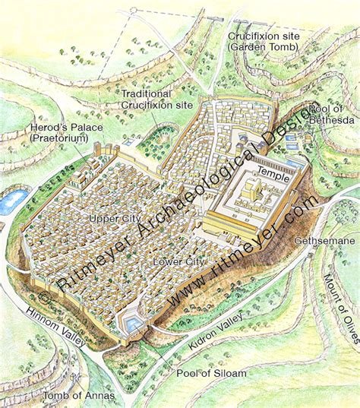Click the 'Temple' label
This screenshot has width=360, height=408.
273,172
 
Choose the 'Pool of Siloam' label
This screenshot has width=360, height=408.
204,375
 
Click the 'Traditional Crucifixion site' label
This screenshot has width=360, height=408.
156,99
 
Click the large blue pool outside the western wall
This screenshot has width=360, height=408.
13,201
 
